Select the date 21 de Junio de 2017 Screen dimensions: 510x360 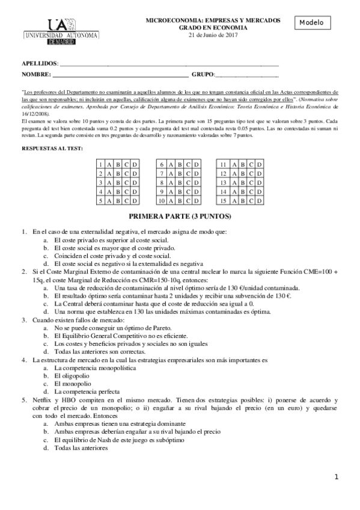point(213,35)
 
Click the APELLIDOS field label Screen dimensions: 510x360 point(40,63)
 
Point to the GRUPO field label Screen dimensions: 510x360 point(203,75)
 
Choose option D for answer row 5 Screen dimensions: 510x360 point(135,200)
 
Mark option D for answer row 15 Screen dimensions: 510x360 point(257,200)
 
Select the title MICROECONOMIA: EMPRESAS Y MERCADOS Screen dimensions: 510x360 point(213,20)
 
